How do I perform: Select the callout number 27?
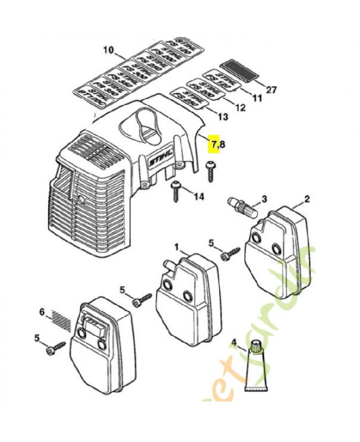[272, 89]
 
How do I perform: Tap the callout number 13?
[223, 117]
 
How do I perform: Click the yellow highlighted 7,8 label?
[218, 145]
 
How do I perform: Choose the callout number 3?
[264, 199]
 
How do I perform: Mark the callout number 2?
[307, 199]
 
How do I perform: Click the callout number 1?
[177, 246]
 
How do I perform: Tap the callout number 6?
[42, 312]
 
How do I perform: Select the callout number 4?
[234, 349]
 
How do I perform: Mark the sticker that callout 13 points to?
[189, 97]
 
